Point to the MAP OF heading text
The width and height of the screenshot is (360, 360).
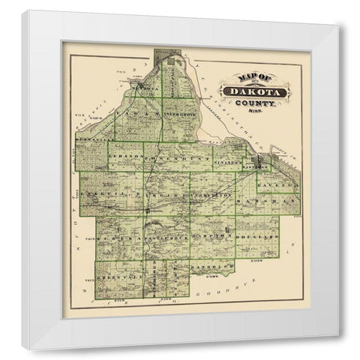tap(238, 78)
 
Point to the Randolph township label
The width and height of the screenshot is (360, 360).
tap(209, 266)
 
